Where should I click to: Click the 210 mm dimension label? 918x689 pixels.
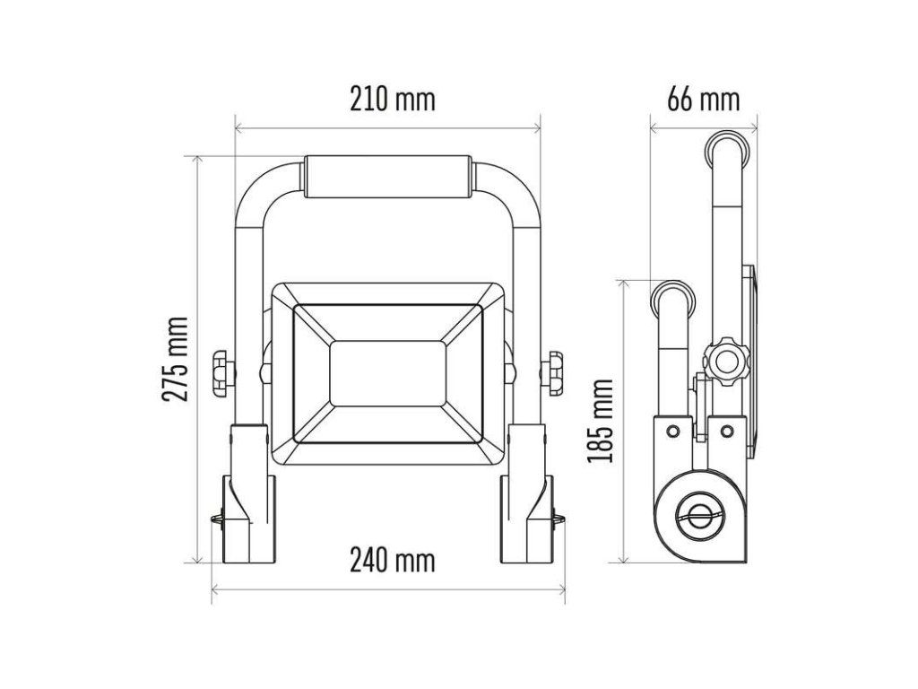393,99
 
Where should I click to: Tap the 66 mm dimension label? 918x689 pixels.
704,99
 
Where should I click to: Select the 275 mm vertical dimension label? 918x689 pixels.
176,359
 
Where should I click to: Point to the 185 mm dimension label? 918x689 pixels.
601,421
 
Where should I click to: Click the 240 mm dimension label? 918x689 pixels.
393,560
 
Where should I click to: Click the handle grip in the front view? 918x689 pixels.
388,177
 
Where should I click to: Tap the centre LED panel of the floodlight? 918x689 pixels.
388,374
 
